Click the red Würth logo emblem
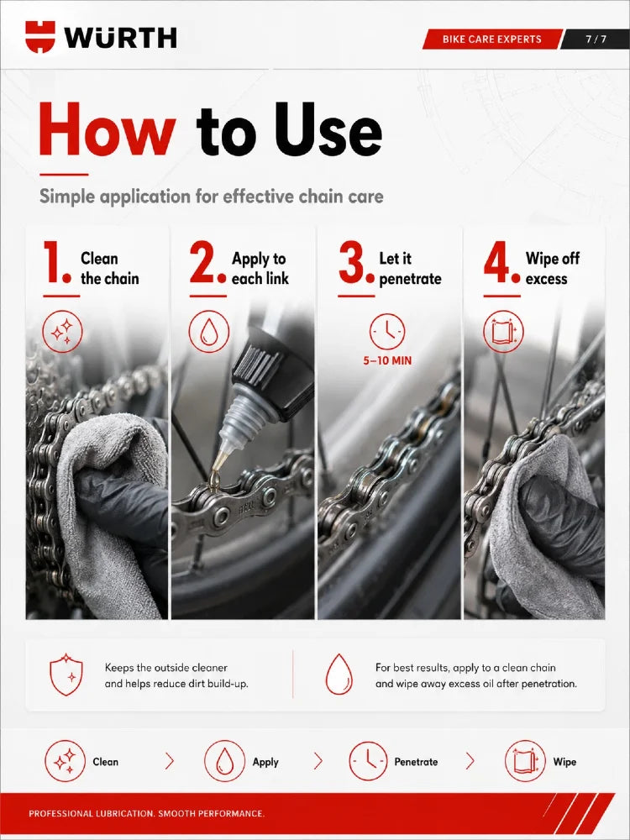coord(40,36)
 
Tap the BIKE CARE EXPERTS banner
coord(491,39)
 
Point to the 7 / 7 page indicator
coord(596,39)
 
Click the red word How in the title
coord(108,129)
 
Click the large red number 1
coord(56,262)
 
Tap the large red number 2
coord(207,262)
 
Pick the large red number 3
coord(356,262)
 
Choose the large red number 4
coord(502,262)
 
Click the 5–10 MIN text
coord(387,360)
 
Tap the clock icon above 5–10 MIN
coord(386,332)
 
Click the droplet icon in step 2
coord(209,332)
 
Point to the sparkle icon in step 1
coord(62,332)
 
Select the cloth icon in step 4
coord(503,332)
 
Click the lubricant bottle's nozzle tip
coord(215,475)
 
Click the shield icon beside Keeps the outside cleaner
coord(66,675)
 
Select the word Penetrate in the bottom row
coord(416,762)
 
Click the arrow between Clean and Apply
coord(170,761)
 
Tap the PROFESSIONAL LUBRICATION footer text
coord(147,814)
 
